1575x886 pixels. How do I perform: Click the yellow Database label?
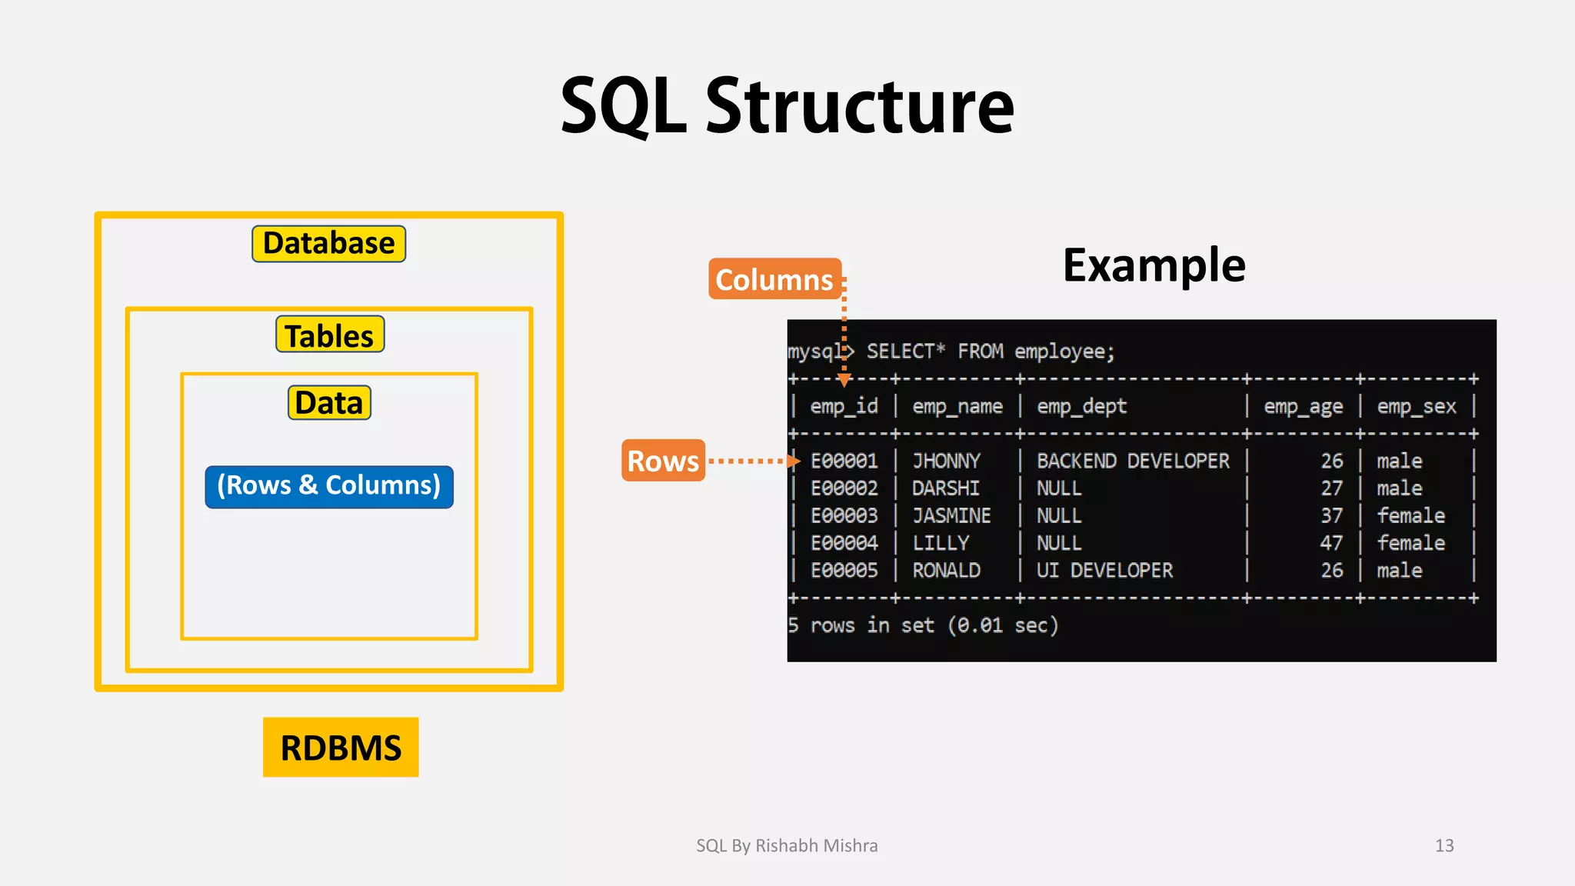(328, 244)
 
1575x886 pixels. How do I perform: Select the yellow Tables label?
(329, 335)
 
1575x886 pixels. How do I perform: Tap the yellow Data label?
(329, 403)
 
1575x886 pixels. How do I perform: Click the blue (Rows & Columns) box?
(329, 486)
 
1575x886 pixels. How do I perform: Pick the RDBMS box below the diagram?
(341, 748)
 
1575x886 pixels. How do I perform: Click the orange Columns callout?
(774, 279)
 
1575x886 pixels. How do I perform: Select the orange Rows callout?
(663, 461)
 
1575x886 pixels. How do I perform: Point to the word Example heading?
(1154, 265)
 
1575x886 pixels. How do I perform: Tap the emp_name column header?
(957, 406)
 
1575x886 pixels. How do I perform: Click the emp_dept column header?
(1081, 406)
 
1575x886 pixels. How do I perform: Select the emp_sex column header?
(1416, 406)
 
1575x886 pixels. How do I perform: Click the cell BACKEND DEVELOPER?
(1133, 461)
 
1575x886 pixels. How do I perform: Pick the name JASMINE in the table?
(951, 515)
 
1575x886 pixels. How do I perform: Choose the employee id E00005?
(844, 571)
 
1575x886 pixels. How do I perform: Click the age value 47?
(1331, 543)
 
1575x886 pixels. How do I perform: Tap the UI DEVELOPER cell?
(1104, 571)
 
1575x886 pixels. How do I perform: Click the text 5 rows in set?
(861, 625)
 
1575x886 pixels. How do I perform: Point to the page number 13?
(1444, 845)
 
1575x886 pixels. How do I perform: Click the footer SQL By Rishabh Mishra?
(787, 845)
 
